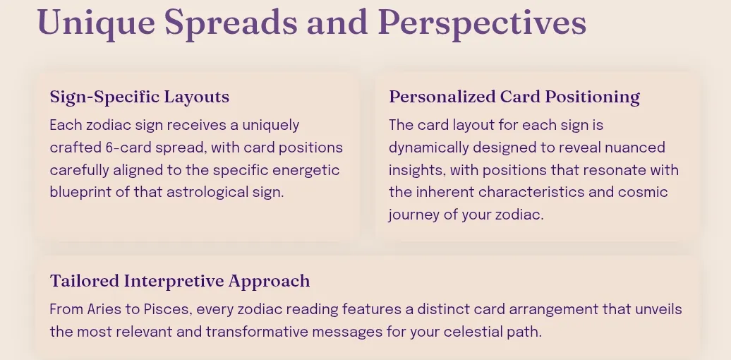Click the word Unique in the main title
(96, 23)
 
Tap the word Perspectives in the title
(482, 23)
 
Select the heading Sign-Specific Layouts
(140, 97)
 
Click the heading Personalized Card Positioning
(514, 97)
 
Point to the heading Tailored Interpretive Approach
(180, 281)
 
